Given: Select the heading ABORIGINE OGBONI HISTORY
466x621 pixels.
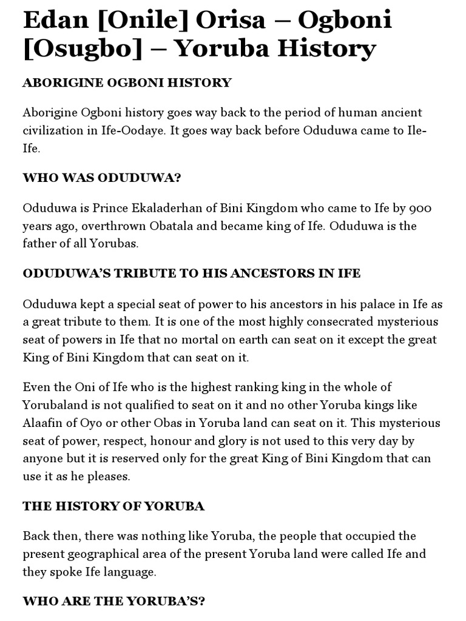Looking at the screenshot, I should tap(127, 82).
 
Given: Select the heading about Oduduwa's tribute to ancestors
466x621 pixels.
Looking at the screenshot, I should tap(192, 274).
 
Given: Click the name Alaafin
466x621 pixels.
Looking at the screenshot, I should tap(44, 423).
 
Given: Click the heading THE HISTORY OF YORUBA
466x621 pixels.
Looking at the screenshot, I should tap(113, 506).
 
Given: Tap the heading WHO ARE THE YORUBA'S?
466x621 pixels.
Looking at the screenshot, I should tap(114, 602).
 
